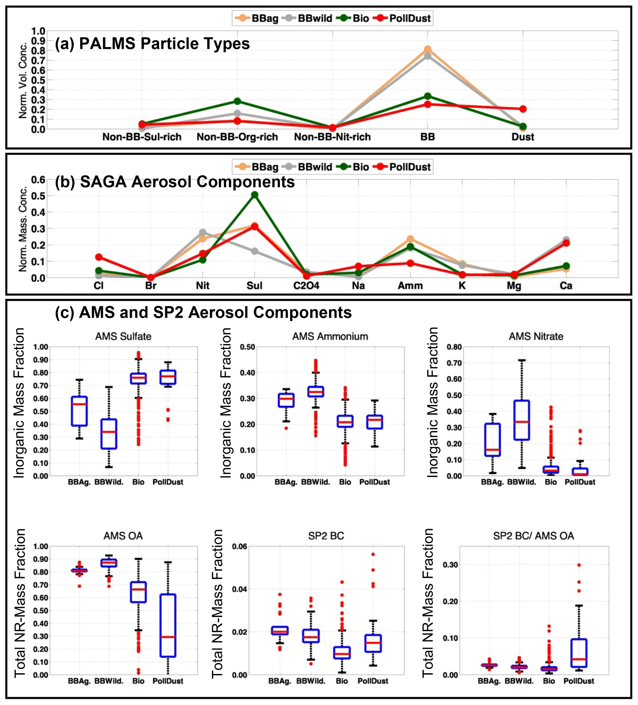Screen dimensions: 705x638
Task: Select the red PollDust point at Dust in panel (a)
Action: tap(523, 109)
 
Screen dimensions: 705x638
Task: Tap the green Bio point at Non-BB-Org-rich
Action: tap(237, 101)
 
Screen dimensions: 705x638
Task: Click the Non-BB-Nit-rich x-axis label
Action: tap(332, 137)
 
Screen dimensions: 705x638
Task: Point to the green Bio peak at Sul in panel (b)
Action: tap(255, 195)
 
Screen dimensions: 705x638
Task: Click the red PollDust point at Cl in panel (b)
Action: tap(99, 257)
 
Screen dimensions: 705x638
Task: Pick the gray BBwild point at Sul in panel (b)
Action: tap(255, 251)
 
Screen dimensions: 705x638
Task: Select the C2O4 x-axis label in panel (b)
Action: tap(306, 286)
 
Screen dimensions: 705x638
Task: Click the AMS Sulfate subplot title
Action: tap(123, 336)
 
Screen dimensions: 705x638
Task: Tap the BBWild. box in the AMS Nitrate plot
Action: tap(522, 420)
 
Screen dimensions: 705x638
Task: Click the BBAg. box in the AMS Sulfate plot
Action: tap(79, 411)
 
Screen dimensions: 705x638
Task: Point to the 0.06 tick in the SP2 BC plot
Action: tap(239, 546)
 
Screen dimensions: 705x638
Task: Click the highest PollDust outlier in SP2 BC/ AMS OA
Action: tap(579, 565)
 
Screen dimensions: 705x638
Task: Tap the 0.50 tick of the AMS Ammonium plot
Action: tap(247, 347)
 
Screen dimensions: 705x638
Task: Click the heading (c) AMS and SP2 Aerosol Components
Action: tap(203, 312)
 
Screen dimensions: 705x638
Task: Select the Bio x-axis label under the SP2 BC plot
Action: tap(342, 681)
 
